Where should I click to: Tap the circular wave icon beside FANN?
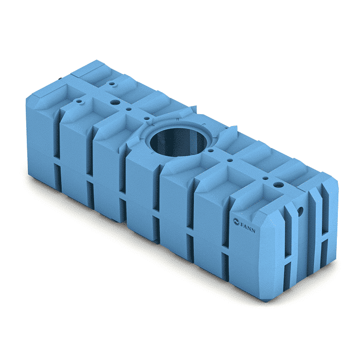pyautogui.click(x=236, y=222)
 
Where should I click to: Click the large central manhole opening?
pyautogui.click(x=178, y=142)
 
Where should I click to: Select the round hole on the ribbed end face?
pyautogui.click(x=300, y=211)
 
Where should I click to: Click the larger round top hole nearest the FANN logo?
pyautogui.click(x=279, y=184)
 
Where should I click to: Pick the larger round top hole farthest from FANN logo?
pyautogui.click(x=115, y=102)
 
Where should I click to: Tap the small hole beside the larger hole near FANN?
pyautogui.click(x=265, y=178)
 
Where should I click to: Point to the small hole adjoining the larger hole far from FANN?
pyautogui.click(x=129, y=109)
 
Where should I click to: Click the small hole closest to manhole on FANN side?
pyautogui.click(x=210, y=151)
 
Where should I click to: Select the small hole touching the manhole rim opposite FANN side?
pyautogui.click(x=147, y=118)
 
